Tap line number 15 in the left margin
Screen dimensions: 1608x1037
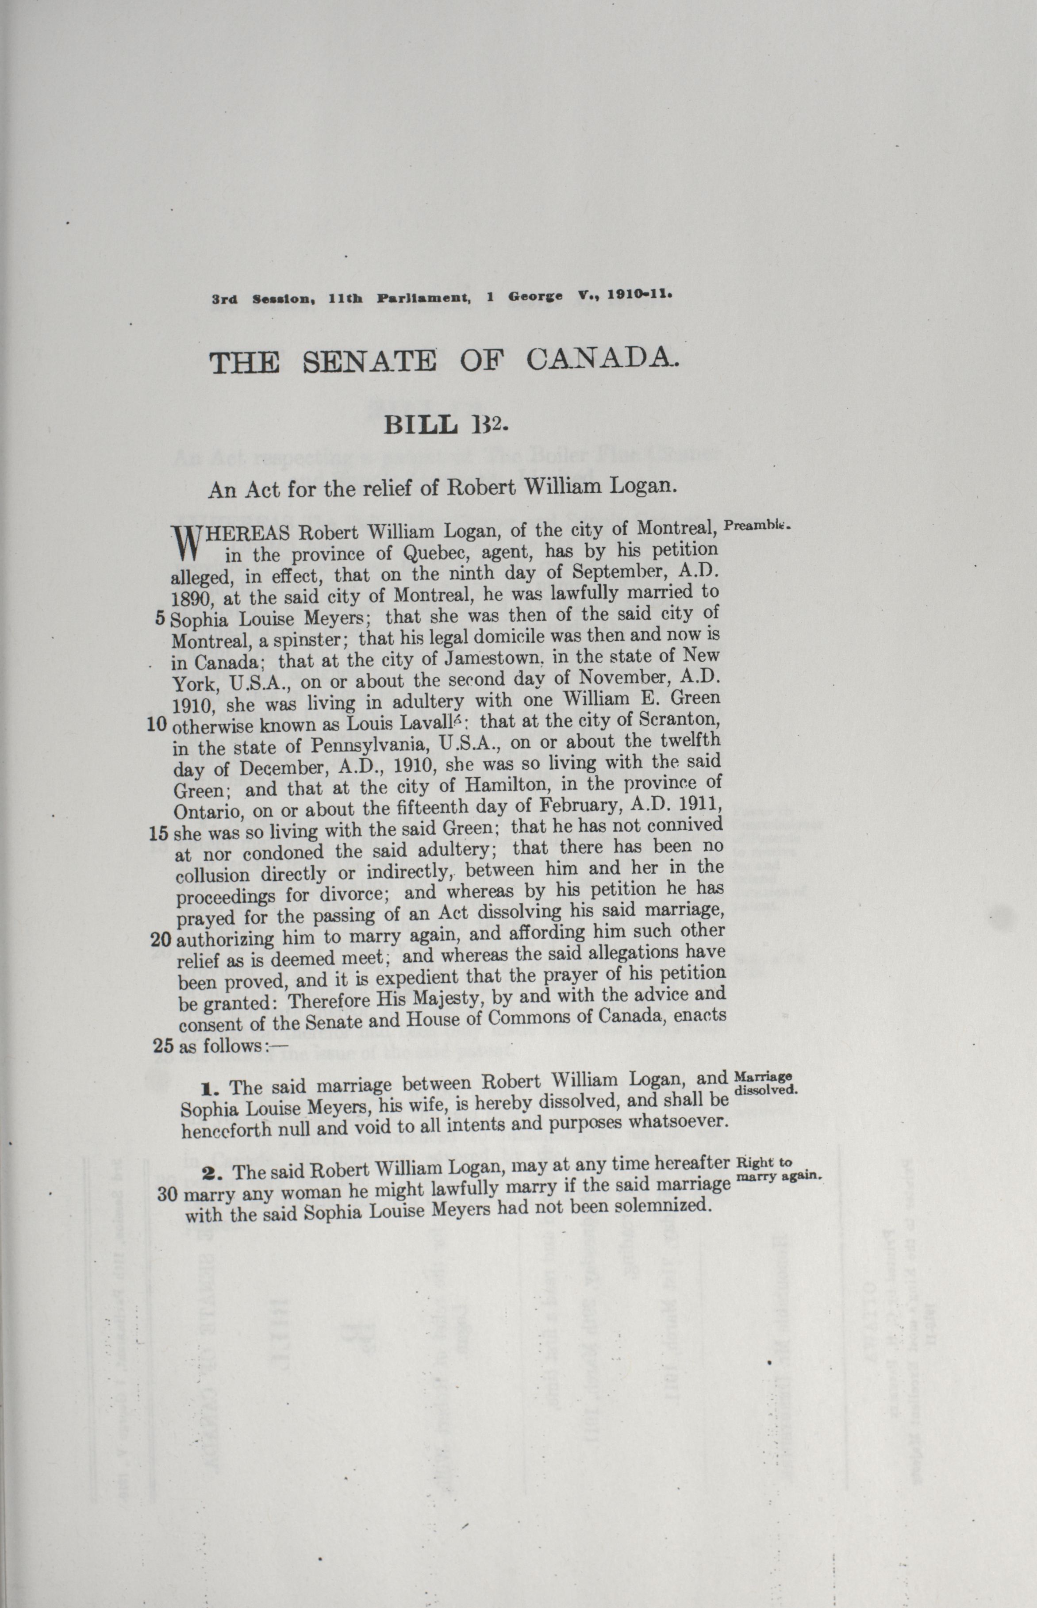click(x=158, y=833)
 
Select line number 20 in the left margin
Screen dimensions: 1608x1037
click(x=161, y=939)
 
